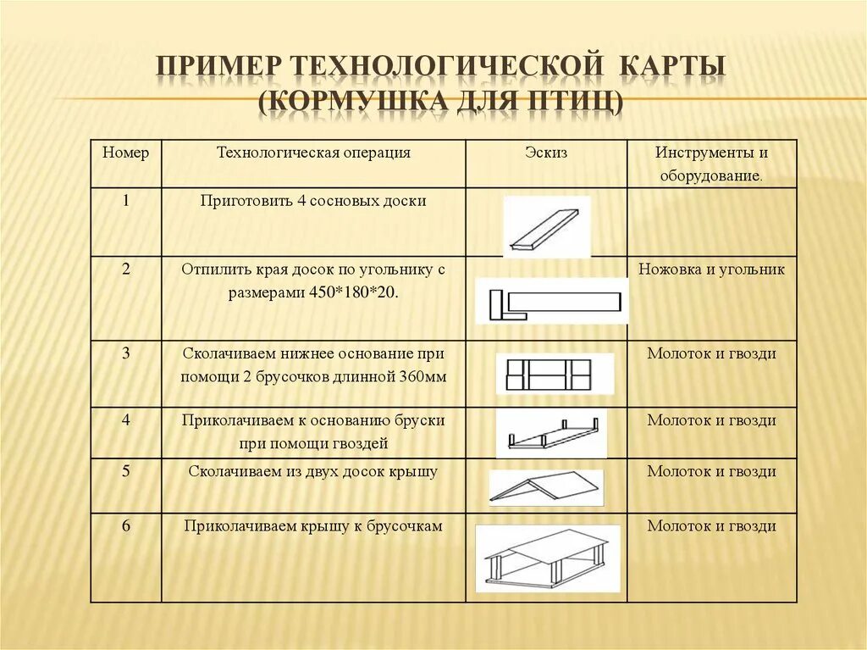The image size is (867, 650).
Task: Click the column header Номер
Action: [125, 153]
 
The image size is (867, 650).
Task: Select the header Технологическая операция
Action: [313, 153]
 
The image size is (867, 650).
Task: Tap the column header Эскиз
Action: [546, 153]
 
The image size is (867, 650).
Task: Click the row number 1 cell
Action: [125, 202]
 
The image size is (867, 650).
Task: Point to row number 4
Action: [125, 420]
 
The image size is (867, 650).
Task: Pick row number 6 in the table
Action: [125, 526]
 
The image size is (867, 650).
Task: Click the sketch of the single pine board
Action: [546, 226]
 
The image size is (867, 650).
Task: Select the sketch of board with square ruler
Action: [552, 301]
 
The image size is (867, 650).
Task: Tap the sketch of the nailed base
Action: [554, 374]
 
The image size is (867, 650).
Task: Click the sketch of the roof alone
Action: [546, 487]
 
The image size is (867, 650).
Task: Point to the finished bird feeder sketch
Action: [547, 558]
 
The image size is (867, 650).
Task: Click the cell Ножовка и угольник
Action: [711, 269]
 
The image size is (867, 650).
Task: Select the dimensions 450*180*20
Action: [356, 293]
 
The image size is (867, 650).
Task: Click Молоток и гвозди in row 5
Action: [711, 471]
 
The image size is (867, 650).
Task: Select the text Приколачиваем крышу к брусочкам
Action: [313, 526]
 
